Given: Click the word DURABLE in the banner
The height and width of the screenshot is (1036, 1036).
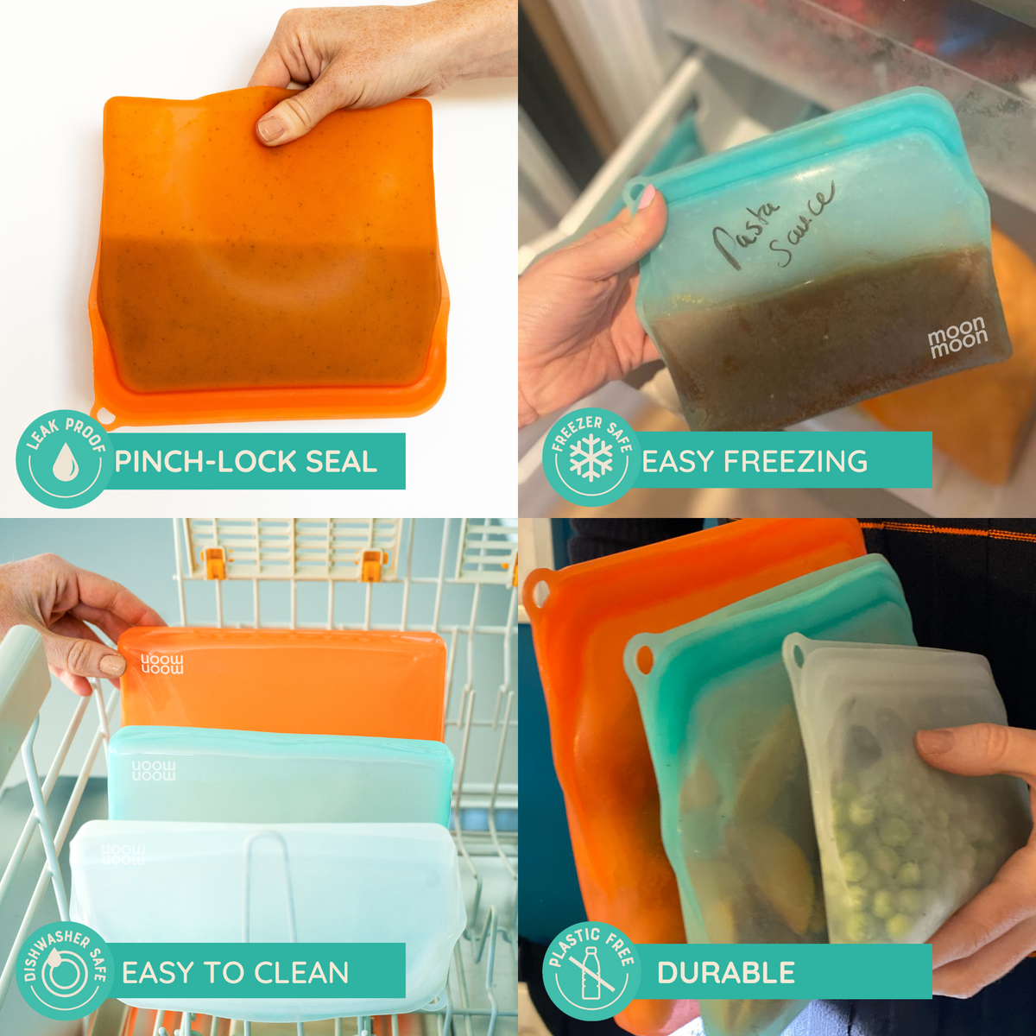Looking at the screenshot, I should (x=725, y=973).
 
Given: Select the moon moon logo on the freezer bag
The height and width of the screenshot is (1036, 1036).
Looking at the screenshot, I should (x=957, y=336).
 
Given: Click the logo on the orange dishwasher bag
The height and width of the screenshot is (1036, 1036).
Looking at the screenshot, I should (x=162, y=664).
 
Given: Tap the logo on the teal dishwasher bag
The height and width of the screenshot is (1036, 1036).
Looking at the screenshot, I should (x=154, y=770).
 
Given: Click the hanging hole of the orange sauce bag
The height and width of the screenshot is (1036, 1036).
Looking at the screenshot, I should (x=102, y=414).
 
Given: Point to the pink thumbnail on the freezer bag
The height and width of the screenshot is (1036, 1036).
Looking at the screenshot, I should (x=646, y=197).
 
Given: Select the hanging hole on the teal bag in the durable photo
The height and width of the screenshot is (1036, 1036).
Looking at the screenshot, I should (x=644, y=660).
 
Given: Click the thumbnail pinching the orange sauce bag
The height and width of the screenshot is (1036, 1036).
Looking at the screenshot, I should (x=272, y=128).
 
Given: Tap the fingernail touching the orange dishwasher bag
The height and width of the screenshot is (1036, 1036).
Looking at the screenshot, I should (x=111, y=665).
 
